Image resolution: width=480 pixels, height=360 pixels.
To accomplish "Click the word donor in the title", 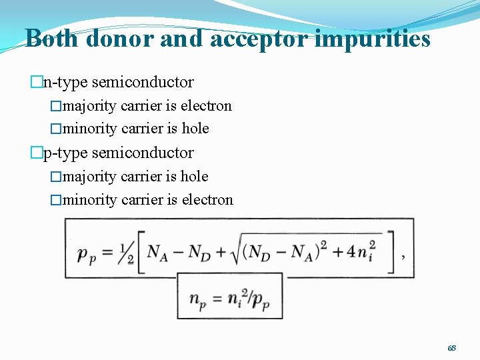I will [117, 39].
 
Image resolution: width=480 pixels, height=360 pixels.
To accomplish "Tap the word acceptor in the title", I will [259, 39].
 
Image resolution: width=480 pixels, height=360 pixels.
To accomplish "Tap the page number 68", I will [451, 348].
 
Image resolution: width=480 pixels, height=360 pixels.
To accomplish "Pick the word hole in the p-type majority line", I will [195, 177].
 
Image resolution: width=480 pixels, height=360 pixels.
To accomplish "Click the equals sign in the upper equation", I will [107, 252].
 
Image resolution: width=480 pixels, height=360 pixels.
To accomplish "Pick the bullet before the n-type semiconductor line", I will [37, 83].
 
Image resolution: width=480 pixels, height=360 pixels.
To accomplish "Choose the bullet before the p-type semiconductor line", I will [37, 153].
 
